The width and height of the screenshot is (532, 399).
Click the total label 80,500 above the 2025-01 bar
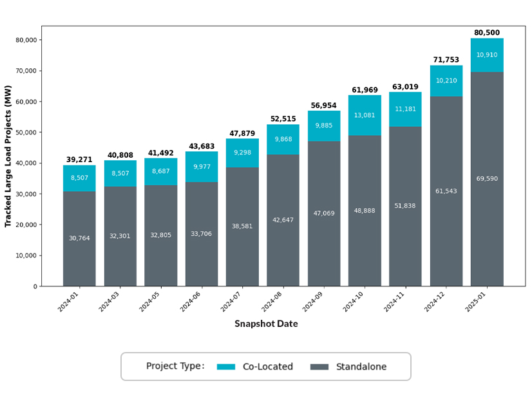coord(487,33)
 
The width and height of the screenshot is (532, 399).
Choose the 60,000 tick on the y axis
coord(26,102)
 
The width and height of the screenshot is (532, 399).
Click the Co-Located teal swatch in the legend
coord(226,367)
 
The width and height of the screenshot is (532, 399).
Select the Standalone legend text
coord(361,367)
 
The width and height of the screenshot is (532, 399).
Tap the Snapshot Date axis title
coord(266,324)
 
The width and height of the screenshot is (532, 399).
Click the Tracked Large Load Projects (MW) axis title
coord(8,156)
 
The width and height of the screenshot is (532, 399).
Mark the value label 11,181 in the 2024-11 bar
coord(405,109)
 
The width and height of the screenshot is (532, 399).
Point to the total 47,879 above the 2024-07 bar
coord(242,134)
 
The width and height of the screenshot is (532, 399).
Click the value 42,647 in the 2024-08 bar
coord(283,220)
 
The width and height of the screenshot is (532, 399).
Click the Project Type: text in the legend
coord(175,366)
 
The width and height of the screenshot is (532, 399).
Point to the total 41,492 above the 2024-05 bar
coord(160,153)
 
